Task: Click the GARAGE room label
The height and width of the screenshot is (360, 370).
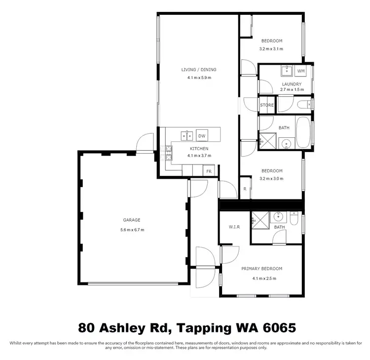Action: click(x=132, y=220)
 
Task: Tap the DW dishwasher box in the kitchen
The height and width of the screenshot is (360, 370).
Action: click(x=202, y=136)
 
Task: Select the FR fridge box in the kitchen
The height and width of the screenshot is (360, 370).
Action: click(x=209, y=171)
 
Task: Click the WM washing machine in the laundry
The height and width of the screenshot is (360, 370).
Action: click(x=300, y=71)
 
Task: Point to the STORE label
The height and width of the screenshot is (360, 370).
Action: click(x=267, y=105)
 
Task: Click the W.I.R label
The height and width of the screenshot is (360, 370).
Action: click(x=234, y=227)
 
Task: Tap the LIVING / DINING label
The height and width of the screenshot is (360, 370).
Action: click(x=199, y=70)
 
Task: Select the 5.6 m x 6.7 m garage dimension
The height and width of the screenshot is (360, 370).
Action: click(x=132, y=230)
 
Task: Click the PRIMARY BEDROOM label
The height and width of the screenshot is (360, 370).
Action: click(x=261, y=269)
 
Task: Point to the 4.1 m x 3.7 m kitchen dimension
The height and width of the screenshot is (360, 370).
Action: click(x=199, y=156)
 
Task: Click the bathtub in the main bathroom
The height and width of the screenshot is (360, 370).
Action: click(x=303, y=132)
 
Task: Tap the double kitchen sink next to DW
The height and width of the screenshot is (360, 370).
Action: click(x=187, y=136)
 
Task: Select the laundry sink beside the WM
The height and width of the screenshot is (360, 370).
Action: click(x=287, y=71)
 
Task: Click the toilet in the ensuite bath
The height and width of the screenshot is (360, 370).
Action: click(x=294, y=219)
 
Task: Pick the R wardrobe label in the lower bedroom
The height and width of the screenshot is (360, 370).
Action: click(x=245, y=189)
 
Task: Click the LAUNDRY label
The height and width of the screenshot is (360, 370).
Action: click(x=292, y=84)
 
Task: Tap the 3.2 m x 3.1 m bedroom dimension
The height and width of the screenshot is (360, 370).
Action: click(x=271, y=49)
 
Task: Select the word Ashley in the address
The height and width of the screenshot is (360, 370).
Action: click(x=122, y=328)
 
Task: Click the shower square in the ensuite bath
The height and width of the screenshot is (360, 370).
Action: click(x=260, y=220)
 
